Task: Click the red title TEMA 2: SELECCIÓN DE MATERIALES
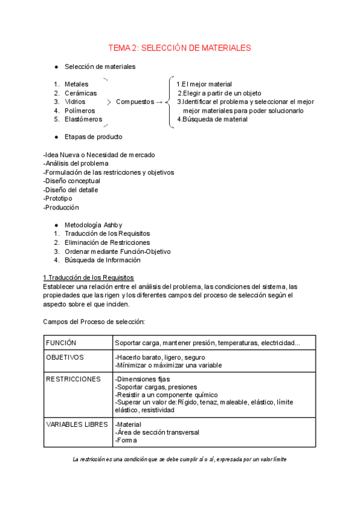pyautogui.click(x=179, y=47)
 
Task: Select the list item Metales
pyautogui.click(x=76, y=85)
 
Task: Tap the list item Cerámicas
pyautogui.click(x=80, y=94)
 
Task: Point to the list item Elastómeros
pyautogui.click(x=83, y=119)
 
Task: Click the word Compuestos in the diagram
pyautogui.click(x=134, y=102)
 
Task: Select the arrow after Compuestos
pyautogui.click(x=159, y=102)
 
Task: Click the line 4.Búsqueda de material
pyautogui.click(x=212, y=119)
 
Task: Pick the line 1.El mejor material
pyautogui.click(x=205, y=85)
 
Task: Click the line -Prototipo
pyautogui.click(x=58, y=198)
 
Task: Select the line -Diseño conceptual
pyautogui.click(x=72, y=181)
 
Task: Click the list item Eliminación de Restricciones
pyautogui.click(x=107, y=242)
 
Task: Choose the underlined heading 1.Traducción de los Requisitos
pyautogui.click(x=88, y=277)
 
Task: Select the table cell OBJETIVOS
pyautogui.click(x=65, y=357)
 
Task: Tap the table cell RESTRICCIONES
pyautogui.click(x=73, y=379)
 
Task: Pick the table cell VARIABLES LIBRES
pyautogui.click(x=77, y=424)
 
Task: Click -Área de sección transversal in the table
pyautogui.click(x=157, y=432)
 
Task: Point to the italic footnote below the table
pyautogui.click(x=179, y=459)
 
